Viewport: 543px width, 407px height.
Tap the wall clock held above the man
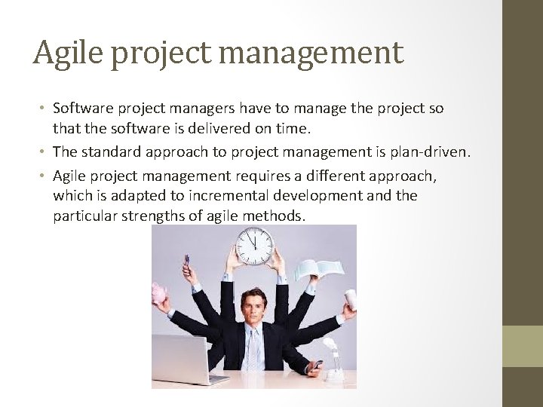click(253, 245)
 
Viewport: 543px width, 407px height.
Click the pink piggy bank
click(161, 293)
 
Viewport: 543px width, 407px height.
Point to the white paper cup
click(349, 297)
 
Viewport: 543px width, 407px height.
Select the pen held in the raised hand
click(186, 261)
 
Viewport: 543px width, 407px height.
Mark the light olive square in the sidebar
click(522, 346)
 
